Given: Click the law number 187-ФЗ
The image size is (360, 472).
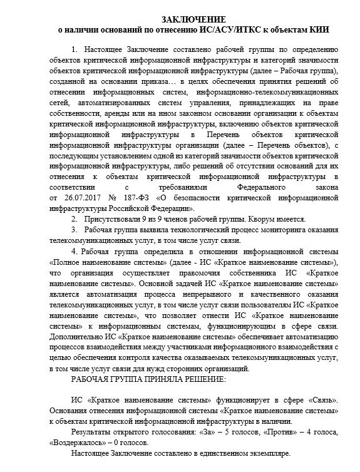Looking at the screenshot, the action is (128, 198).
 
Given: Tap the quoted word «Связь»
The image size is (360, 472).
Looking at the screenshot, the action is (321, 401).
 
